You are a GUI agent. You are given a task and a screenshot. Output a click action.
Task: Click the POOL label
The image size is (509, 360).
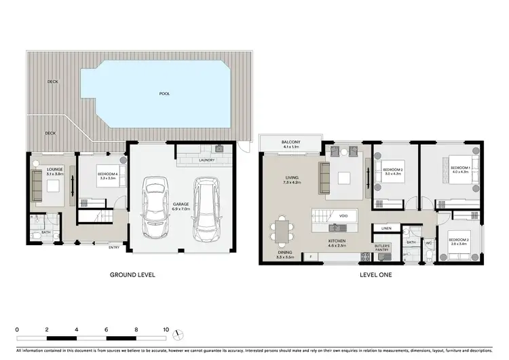pos(164,93)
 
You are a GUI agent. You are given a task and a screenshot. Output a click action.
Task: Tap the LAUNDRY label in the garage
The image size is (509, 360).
pos(207,160)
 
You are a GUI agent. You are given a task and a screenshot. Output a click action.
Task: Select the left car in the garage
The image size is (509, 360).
pos(156,206)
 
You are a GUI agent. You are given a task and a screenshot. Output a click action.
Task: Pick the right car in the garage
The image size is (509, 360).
pos(206,210)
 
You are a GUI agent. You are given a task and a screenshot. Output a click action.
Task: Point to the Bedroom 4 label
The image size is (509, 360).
pos(99,176)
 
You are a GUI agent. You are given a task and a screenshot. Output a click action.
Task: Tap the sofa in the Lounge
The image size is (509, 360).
pos(37,185)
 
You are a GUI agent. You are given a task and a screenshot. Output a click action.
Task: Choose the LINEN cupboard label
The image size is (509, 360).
pos(386,228)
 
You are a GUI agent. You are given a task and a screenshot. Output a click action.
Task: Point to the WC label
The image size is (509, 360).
pos(429,242)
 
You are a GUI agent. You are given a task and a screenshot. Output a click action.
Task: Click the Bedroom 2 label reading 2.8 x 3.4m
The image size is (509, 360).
pos(459,241)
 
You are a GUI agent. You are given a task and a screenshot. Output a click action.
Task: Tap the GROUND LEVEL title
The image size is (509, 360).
pos(133,275)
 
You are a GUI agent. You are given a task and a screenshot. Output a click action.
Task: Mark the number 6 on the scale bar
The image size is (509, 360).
pos(107,329)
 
